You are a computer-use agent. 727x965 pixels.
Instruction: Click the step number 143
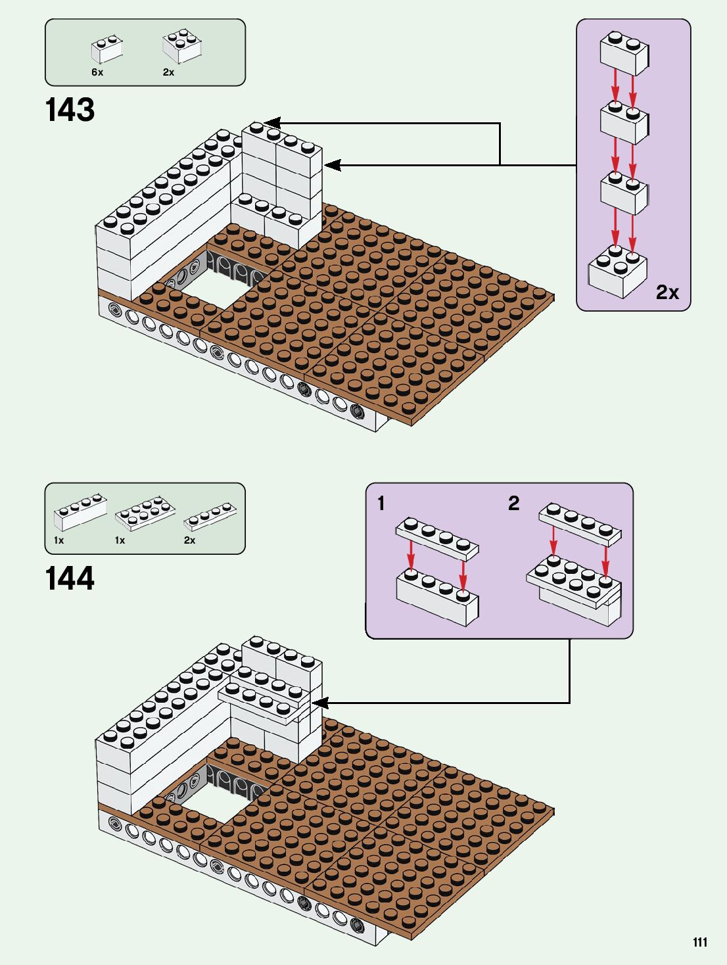pos(70,110)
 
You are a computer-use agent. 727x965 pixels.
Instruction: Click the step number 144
pos(70,578)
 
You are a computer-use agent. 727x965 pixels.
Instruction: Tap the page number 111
pos(700,942)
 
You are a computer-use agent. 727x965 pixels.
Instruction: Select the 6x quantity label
pos(97,72)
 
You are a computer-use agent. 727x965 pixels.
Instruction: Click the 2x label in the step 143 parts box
pos(169,72)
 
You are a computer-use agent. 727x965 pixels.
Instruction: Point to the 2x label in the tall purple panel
pos(667,292)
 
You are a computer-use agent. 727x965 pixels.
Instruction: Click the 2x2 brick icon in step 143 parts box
pos(181,46)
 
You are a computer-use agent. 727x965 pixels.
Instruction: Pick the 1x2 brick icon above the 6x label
pos(107,49)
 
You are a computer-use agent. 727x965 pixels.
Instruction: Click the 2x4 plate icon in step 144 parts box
pos(145,513)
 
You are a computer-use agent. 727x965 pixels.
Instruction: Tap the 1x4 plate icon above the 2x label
pos(210,516)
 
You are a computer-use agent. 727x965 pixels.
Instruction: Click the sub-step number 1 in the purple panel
pos(381,504)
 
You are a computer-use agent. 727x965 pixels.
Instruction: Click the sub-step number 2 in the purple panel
pos(514,504)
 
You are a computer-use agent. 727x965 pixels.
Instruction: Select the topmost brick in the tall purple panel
pos(624,52)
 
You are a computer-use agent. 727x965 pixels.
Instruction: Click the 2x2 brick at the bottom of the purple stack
pos(618,271)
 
